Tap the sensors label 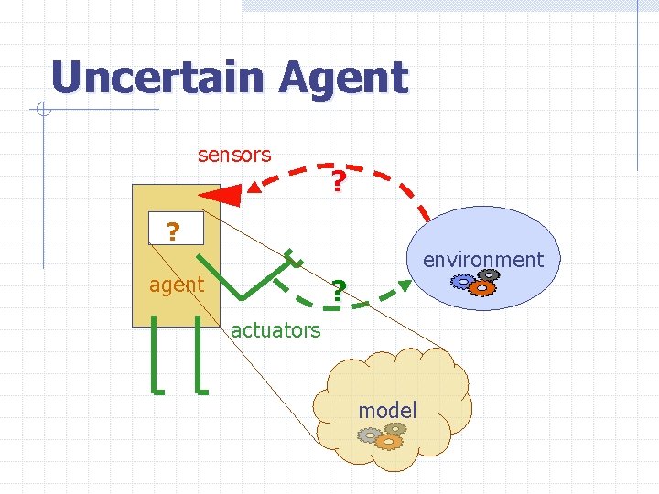pos(234,155)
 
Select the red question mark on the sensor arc pos(339,183)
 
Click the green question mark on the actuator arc pos(338,292)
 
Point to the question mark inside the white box pos(172,232)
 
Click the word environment pos(482,260)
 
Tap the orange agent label pos(177,285)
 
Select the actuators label pos(275,330)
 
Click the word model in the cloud pos(387,411)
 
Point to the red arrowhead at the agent pos(221,194)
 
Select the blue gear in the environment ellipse pos(463,281)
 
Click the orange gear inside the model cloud pos(388,441)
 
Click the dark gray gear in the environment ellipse pos(491,274)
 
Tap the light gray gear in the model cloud pos(369,435)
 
